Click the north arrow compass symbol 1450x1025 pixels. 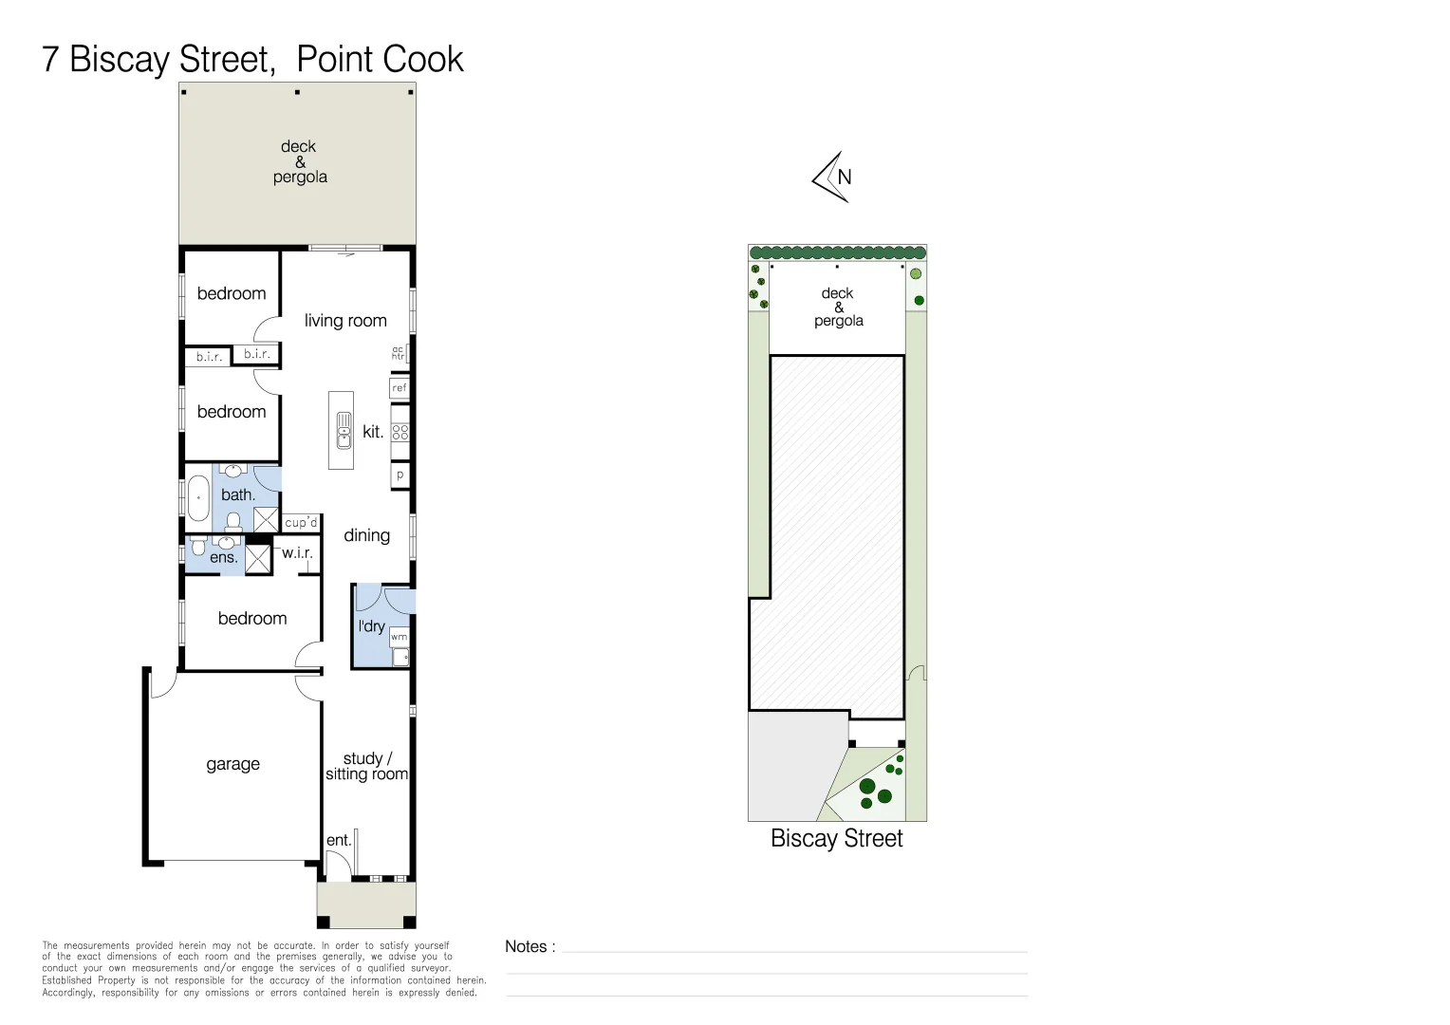832,177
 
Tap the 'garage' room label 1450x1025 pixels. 232,764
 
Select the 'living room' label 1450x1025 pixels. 345,321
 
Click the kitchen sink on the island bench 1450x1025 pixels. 344,430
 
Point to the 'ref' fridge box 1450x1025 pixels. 400,387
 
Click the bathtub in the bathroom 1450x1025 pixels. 198,498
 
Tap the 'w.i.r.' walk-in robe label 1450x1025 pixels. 297,552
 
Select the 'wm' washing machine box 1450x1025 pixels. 400,637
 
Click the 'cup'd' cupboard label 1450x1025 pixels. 301,523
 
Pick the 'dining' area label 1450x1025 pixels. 366,535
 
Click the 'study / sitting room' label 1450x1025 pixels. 366,766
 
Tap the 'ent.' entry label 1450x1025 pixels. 339,840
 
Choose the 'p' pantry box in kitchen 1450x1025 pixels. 400,475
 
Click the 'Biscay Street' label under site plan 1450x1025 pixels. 836,838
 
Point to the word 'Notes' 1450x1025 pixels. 526,946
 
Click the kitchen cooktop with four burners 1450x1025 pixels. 400,432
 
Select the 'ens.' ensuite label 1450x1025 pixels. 223,558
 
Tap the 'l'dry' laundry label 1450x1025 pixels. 371,626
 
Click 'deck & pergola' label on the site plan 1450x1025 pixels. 838,307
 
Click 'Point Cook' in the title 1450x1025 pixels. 380,59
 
